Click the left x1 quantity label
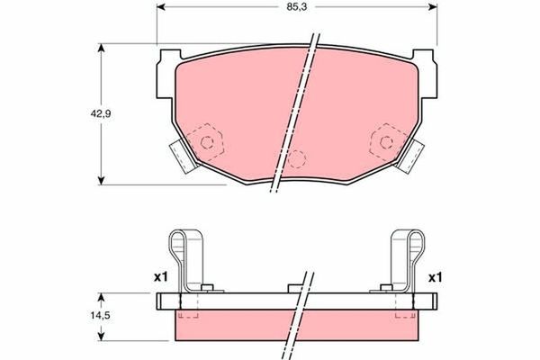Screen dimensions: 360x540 point(161,277)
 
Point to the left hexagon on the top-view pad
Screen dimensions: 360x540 point(209,140)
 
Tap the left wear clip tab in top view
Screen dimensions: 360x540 point(184,157)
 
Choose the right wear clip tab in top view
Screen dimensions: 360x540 point(412,157)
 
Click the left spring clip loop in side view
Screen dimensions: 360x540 point(183,244)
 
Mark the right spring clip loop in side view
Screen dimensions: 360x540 point(409,244)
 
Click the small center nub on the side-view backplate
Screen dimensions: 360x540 point(295,288)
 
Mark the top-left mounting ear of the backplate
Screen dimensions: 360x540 point(165,64)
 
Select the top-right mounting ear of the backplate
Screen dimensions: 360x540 point(430,64)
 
